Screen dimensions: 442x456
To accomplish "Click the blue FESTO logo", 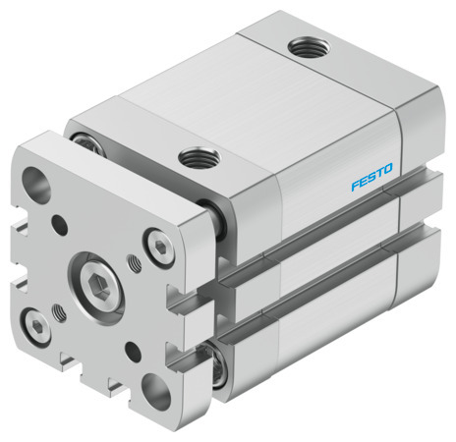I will pyautogui.click(x=370, y=179).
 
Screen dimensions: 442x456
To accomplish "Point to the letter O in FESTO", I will pyautogui.click(x=388, y=172).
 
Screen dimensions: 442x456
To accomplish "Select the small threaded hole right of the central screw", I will pyautogui.click(x=134, y=264).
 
